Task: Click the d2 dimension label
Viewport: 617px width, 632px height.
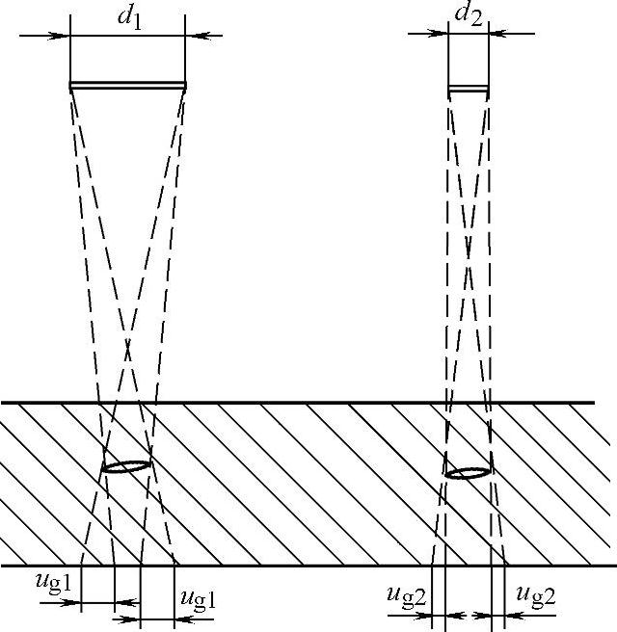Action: click(x=469, y=15)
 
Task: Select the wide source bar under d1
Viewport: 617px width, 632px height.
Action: click(x=127, y=87)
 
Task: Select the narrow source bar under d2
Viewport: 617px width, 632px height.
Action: click(x=469, y=90)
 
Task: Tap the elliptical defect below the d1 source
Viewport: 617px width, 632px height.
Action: click(x=126, y=466)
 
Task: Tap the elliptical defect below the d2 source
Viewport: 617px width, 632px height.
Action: click(x=468, y=472)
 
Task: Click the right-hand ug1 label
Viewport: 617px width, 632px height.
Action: click(x=197, y=598)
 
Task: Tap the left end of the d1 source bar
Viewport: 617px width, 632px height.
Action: click(x=72, y=87)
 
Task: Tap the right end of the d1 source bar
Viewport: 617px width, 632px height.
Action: click(x=183, y=87)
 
